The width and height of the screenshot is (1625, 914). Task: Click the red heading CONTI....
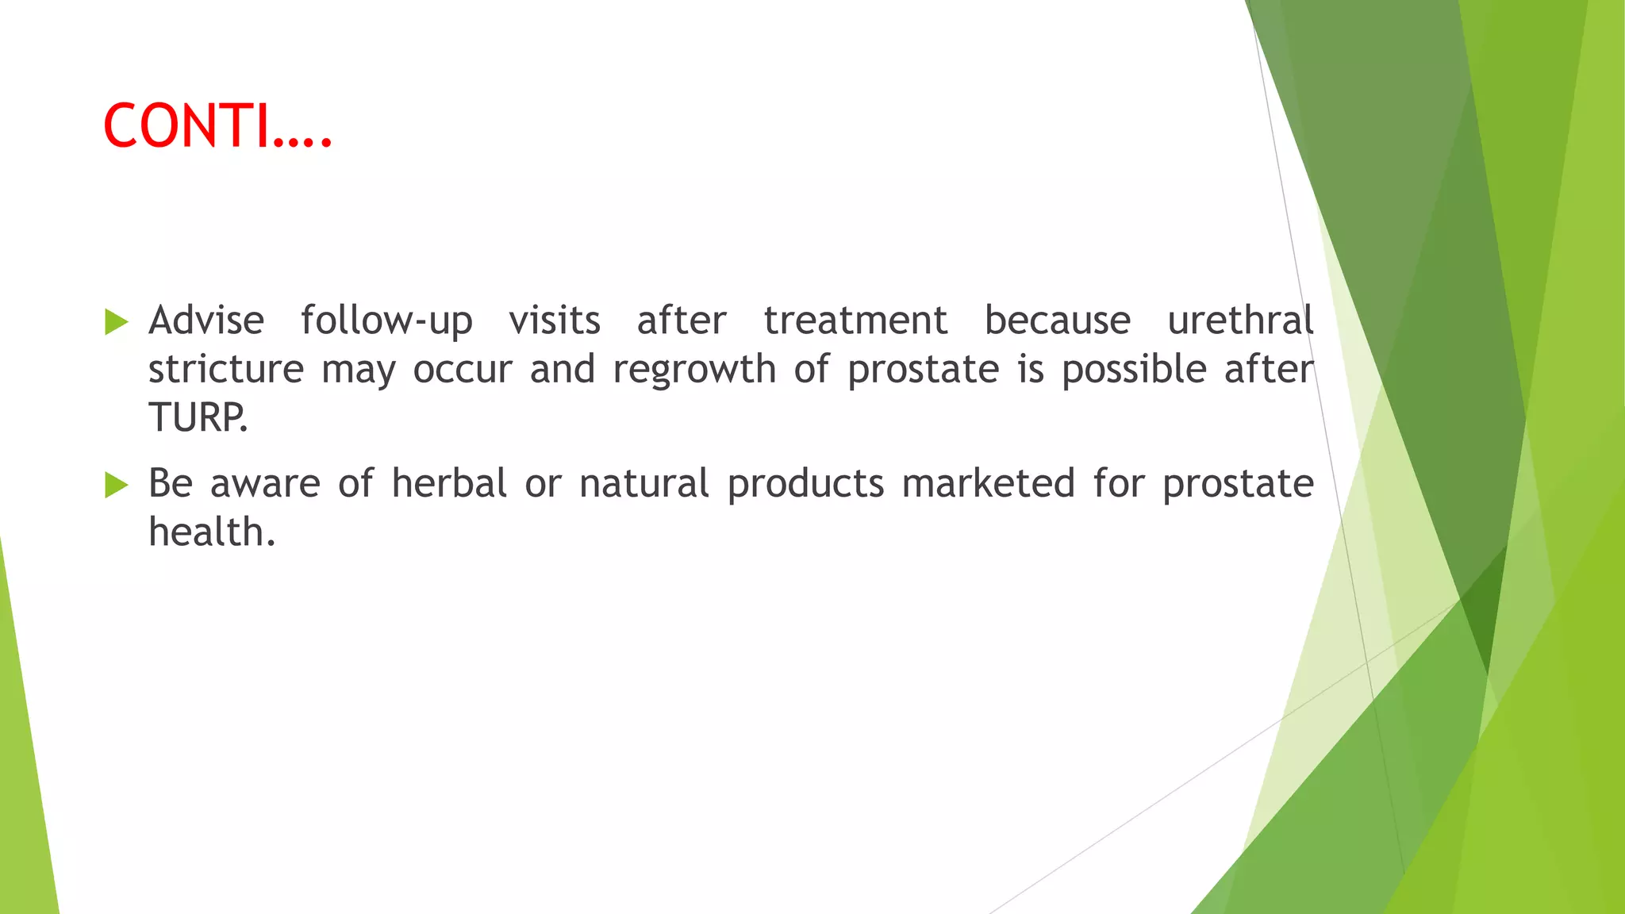pyautogui.click(x=217, y=126)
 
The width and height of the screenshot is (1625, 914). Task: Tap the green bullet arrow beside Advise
pyautogui.click(x=116, y=322)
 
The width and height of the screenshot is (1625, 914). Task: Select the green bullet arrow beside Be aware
pyautogui.click(x=116, y=485)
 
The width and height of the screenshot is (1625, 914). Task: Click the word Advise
pyautogui.click(x=206, y=321)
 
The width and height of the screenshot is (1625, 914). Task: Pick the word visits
pyautogui.click(x=555, y=321)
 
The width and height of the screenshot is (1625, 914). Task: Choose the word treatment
pyautogui.click(x=855, y=321)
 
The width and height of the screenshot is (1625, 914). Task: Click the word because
pyautogui.click(x=1058, y=321)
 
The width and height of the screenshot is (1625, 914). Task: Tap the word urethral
pyautogui.click(x=1240, y=321)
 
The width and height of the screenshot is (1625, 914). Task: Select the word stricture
pyautogui.click(x=226, y=370)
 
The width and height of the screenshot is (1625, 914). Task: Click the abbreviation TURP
pyautogui.click(x=198, y=417)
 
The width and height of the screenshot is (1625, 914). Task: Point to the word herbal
pyautogui.click(x=449, y=483)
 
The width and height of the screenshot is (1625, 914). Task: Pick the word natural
pyautogui.click(x=643, y=483)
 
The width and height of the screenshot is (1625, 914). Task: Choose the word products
pyautogui.click(x=805, y=485)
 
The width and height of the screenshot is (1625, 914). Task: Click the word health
pyautogui.click(x=211, y=532)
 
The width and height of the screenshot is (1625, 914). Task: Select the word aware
pyautogui.click(x=265, y=485)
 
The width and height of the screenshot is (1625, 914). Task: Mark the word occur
pyautogui.click(x=463, y=370)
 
